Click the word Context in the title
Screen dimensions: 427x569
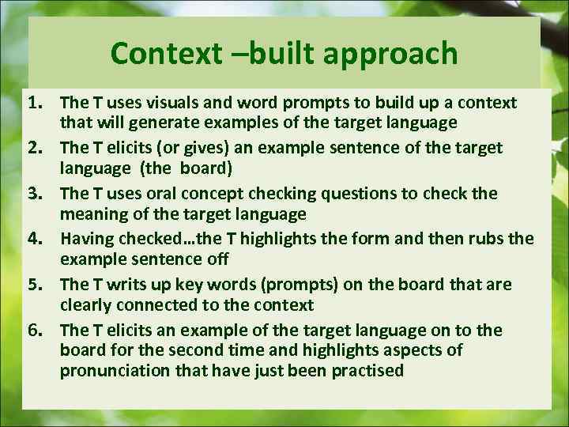pos(165,54)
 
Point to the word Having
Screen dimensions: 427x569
pos(87,239)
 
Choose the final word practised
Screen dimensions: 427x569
pos(369,370)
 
